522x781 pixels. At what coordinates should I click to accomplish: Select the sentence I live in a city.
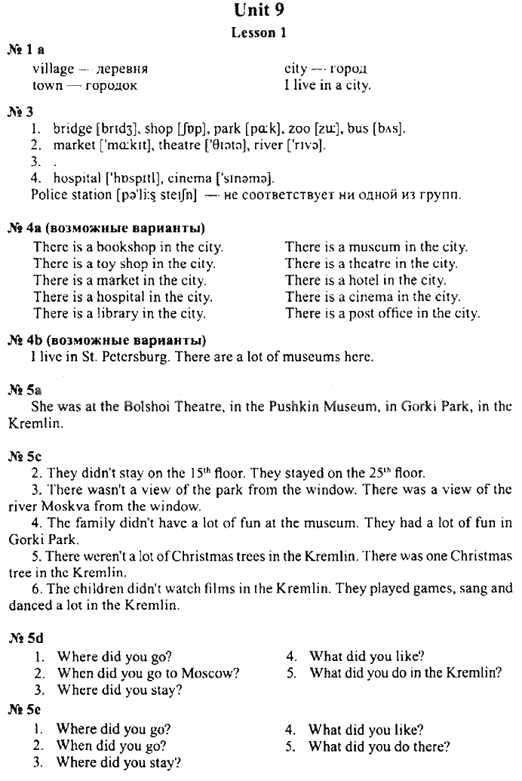327,85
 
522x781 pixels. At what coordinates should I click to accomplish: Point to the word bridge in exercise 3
72,129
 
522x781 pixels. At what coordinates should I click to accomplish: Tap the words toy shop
122,263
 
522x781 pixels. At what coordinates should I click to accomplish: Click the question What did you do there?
379,747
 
